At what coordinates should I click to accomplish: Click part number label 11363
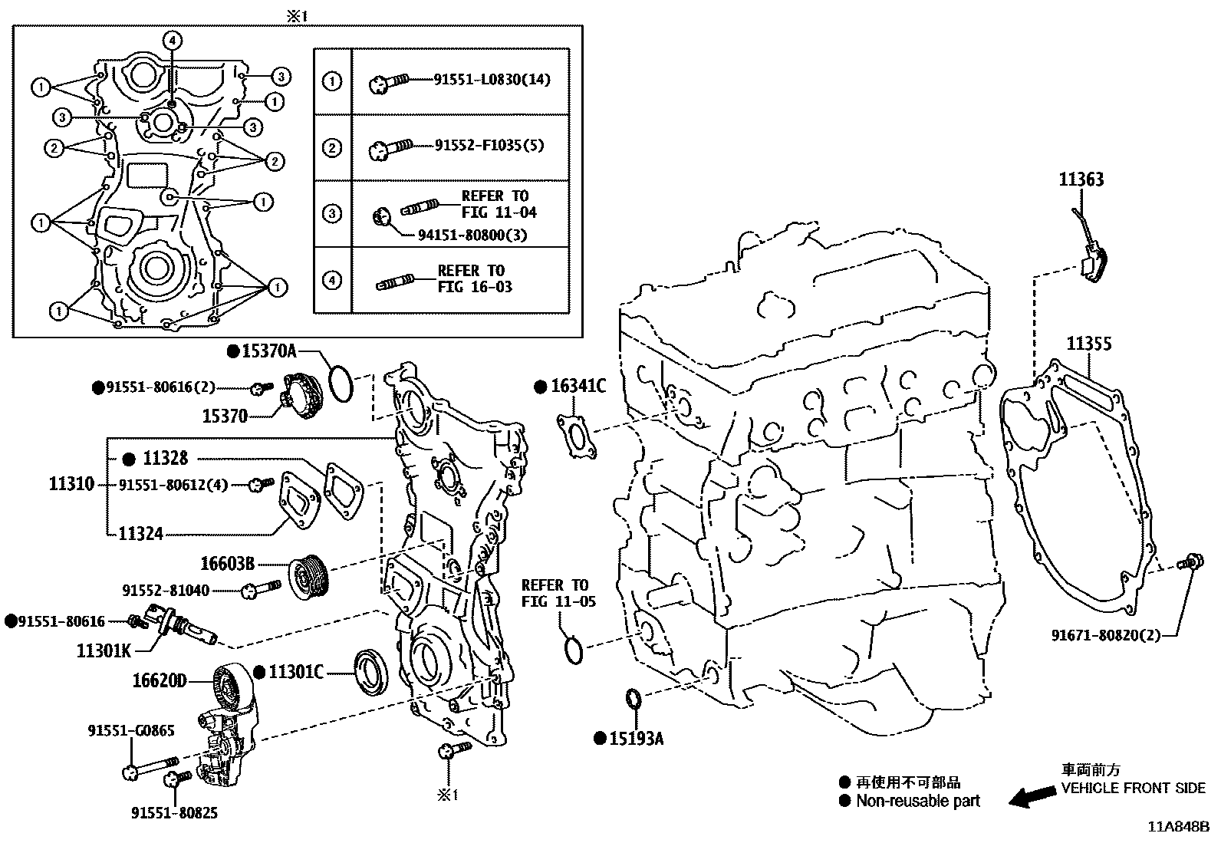click(x=1081, y=179)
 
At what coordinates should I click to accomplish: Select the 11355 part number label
click(x=1089, y=344)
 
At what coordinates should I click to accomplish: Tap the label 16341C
click(x=578, y=386)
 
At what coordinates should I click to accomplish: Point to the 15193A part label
click(x=636, y=739)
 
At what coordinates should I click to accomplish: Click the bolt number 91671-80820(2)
click(x=1105, y=635)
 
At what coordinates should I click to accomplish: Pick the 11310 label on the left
click(x=71, y=484)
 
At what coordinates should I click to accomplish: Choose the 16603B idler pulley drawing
click(x=310, y=575)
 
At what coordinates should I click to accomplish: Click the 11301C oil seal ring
click(x=370, y=673)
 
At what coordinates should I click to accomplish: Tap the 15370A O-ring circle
click(x=341, y=384)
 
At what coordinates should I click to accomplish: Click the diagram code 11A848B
click(x=1177, y=827)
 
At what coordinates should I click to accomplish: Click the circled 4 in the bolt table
click(x=331, y=280)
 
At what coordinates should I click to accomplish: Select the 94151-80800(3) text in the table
click(x=472, y=235)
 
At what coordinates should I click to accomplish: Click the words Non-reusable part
click(x=918, y=801)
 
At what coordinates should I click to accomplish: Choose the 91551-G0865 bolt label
click(x=130, y=731)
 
